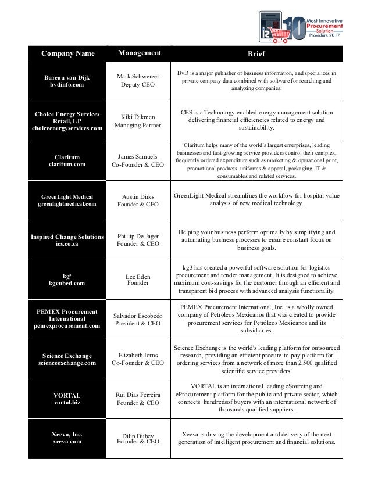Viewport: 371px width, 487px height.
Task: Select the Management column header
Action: (140, 53)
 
